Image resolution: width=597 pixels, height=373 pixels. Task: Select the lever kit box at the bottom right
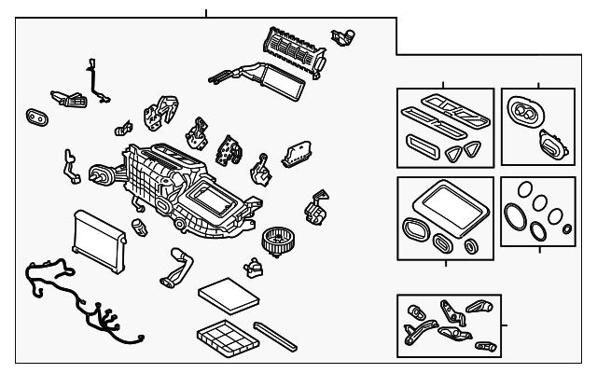449,325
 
